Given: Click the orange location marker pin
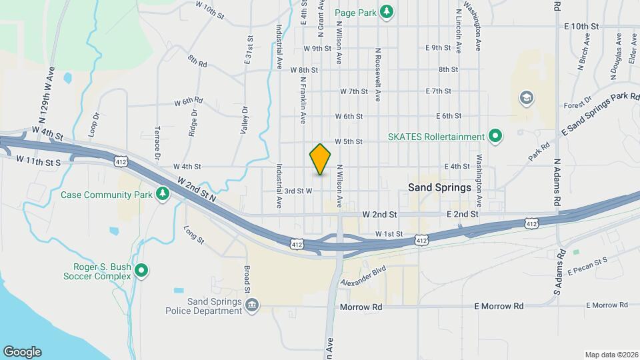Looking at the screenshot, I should [x=321, y=159].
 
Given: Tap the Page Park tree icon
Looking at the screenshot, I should [x=386, y=11].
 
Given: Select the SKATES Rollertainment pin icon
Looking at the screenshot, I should [x=495, y=137].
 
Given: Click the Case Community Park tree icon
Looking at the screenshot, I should [x=161, y=194].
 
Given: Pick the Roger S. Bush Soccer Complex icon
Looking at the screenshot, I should [x=141, y=271].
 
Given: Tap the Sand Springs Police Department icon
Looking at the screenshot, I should [x=252, y=306].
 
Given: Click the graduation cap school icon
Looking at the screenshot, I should [x=527, y=99].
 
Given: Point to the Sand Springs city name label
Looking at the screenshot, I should [x=439, y=188].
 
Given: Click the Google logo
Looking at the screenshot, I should [x=22, y=351].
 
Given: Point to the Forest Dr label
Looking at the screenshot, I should [x=577, y=103].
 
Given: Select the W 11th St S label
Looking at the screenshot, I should [x=38, y=161].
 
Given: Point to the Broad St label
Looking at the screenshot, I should [x=247, y=281].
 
